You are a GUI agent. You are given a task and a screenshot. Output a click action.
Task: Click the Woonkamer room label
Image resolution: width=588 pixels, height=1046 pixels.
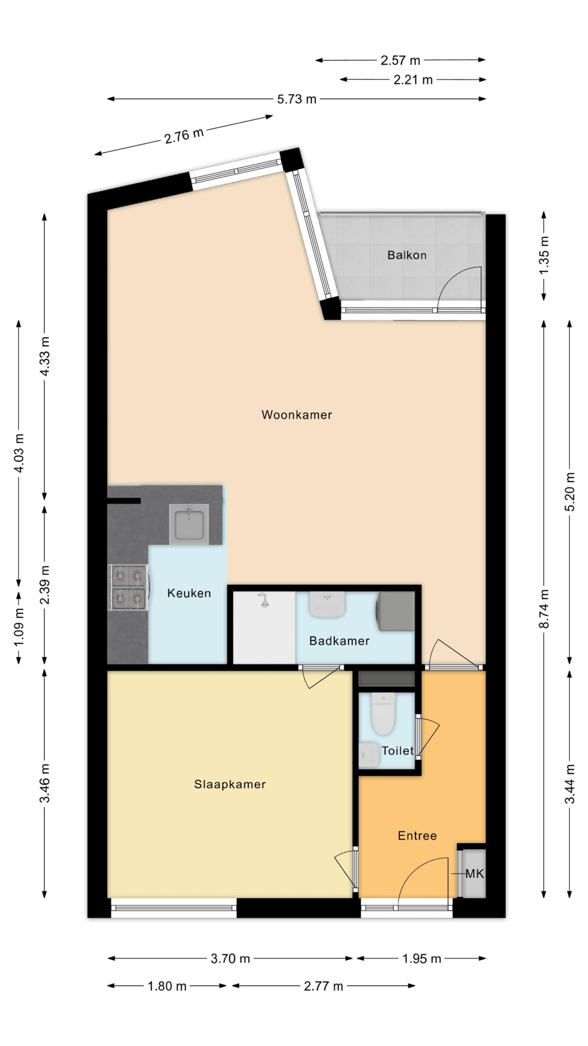click(x=297, y=415)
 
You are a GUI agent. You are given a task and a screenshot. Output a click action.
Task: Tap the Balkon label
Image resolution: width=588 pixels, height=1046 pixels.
click(x=407, y=255)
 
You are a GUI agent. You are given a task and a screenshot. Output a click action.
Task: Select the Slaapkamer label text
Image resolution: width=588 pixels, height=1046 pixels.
click(x=230, y=784)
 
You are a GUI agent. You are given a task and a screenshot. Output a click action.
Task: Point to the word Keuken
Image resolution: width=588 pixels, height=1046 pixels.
click(x=189, y=593)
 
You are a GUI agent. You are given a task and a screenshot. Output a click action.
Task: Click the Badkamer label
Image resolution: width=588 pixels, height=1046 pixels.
click(x=339, y=641)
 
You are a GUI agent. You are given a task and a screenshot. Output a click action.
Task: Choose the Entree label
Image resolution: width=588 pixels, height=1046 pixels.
click(x=417, y=835)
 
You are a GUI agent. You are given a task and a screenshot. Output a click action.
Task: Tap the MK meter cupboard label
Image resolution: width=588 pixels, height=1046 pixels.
click(x=474, y=874)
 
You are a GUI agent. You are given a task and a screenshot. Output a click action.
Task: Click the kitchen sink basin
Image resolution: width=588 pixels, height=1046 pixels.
click(x=189, y=524)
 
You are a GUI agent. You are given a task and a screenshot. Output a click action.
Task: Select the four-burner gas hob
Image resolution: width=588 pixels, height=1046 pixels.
click(x=128, y=587)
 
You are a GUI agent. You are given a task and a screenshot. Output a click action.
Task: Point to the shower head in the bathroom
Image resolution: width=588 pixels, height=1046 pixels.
click(x=264, y=600)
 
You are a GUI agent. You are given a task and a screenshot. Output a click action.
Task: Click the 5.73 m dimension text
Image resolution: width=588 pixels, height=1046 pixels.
click(x=297, y=99)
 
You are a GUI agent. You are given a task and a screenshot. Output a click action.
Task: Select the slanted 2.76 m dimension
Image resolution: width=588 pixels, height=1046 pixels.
click(x=184, y=135)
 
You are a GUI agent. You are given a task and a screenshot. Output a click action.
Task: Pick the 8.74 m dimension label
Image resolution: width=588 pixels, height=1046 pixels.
click(x=544, y=609)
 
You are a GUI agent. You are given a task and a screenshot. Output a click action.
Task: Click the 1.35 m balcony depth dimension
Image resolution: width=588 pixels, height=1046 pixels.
click(x=544, y=255)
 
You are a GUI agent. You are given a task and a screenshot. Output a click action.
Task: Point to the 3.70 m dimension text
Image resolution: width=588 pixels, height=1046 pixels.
click(x=230, y=958)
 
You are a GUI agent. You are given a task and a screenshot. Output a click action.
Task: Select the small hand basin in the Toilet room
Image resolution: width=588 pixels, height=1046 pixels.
click(x=369, y=755)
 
